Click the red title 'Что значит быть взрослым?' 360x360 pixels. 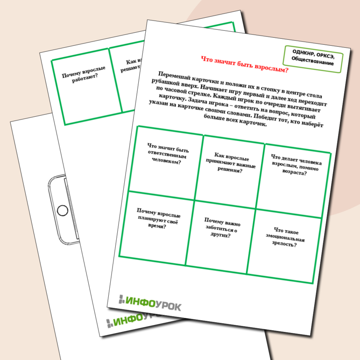pyautogui.click(x=245, y=64)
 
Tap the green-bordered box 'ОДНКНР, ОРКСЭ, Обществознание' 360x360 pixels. pyautogui.click(x=313, y=59)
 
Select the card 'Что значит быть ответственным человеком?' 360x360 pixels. pyautogui.click(x=166, y=163)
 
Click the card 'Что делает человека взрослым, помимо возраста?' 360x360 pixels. pyautogui.click(x=294, y=181)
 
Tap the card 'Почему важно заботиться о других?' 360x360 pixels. pyautogui.click(x=220, y=237)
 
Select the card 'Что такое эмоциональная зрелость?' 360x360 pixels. pyautogui.click(x=284, y=246)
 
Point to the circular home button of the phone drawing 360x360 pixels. pyautogui.click(x=62, y=210)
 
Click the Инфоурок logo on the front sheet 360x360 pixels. pyautogui.click(x=150, y=303)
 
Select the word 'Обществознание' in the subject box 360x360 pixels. pyautogui.click(x=312, y=62)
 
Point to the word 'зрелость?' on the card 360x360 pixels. pyautogui.click(x=284, y=244)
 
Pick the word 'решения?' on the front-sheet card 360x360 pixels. pyautogui.click(x=230, y=170)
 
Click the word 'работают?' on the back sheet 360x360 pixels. pyautogui.click(x=85, y=78)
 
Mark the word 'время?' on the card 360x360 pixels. pyautogui.click(x=157, y=226)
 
